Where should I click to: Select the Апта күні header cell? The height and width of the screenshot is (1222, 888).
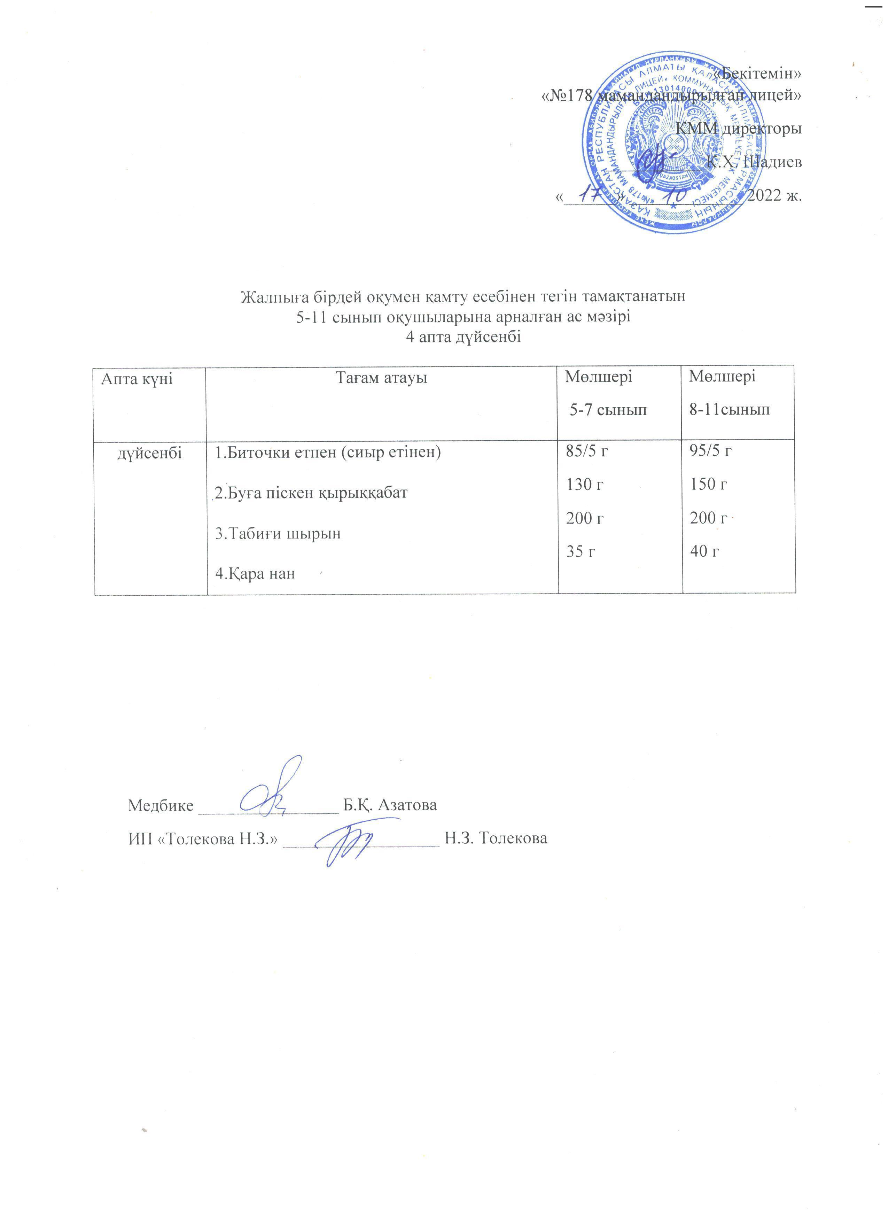(137, 379)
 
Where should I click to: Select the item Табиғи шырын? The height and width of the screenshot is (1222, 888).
(278, 533)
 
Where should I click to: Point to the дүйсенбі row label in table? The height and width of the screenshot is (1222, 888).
(150, 454)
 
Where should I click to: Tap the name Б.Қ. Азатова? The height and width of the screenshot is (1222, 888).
(390, 805)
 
